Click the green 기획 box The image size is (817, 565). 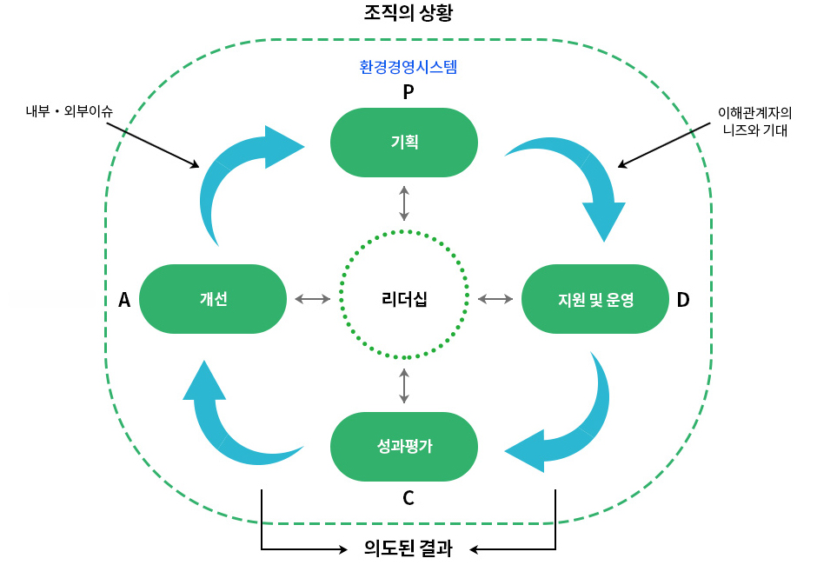(x=404, y=143)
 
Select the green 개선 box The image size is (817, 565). (x=213, y=299)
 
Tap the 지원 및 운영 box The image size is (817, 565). (x=595, y=299)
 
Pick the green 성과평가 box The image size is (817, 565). (x=404, y=447)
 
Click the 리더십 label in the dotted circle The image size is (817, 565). (x=404, y=299)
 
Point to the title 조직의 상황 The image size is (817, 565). (x=408, y=13)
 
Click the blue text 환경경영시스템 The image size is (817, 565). (x=408, y=66)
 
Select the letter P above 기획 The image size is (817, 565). (x=408, y=91)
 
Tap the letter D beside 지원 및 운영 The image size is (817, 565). (x=683, y=300)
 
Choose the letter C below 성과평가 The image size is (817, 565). (x=408, y=499)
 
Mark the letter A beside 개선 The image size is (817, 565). (x=124, y=300)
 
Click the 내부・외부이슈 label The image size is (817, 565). (x=70, y=111)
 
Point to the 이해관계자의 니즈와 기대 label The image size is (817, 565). (x=754, y=122)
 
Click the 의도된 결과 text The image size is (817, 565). (x=408, y=548)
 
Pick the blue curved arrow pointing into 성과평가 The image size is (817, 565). (x=574, y=426)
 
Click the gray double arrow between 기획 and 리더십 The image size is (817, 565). (x=404, y=203)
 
